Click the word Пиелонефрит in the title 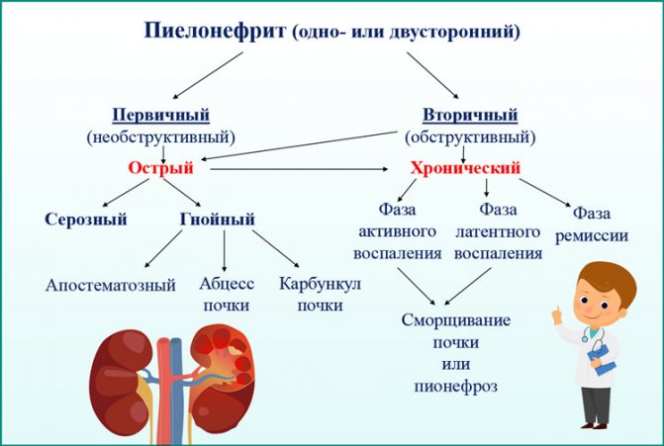(215, 31)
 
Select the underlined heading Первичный (161, 115)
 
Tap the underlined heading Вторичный (470, 115)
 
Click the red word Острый (160, 168)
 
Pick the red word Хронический (465, 168)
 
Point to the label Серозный (86, 220)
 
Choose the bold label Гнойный (218, 220)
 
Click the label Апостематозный (111, 285)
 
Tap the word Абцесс (227, 283)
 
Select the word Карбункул (321, 283)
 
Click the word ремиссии (592, 235)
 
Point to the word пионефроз (455, 386)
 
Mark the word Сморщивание (456, 320)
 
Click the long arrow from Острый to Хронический (299, 169)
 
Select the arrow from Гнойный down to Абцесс (224, 251)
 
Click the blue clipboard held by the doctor (602, 359)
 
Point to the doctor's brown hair (609, 279)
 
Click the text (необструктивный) (161, 137)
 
